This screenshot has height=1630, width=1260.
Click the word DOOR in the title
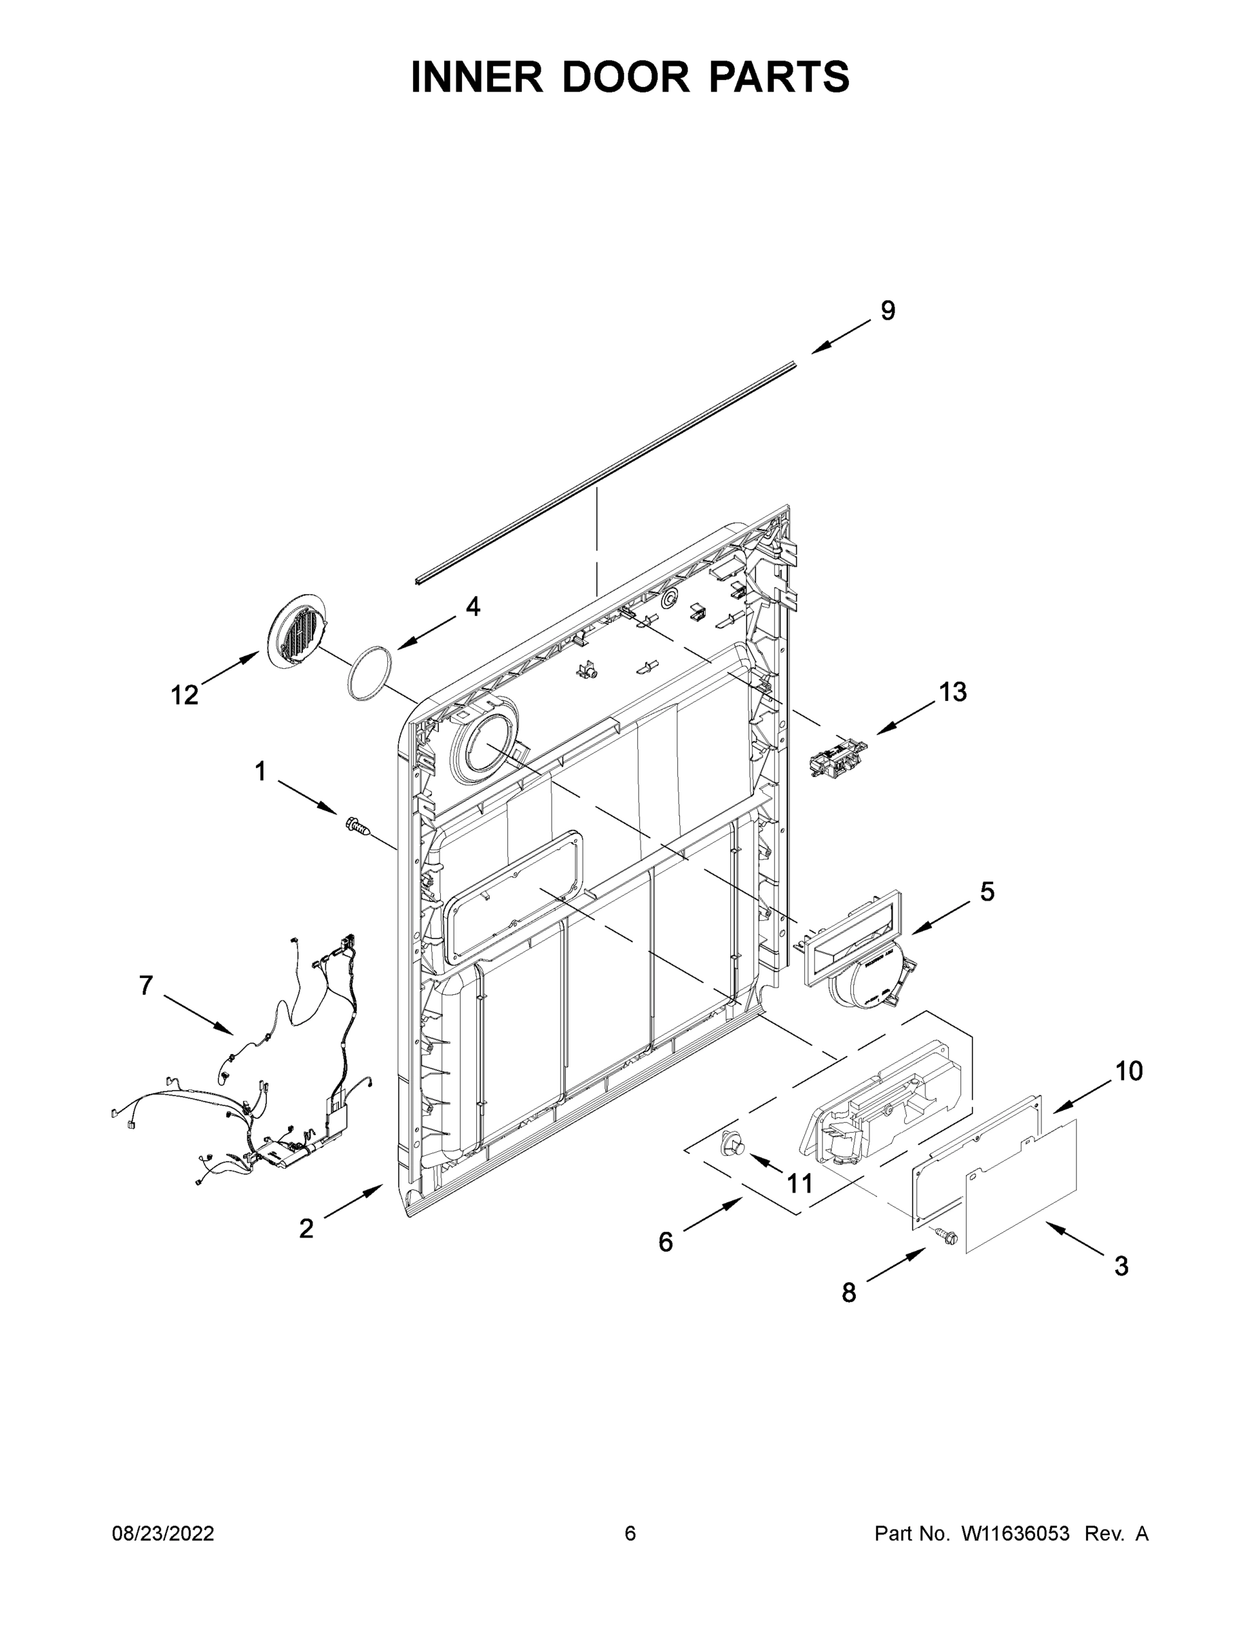(x=626, y=77)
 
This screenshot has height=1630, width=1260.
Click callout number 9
(x=888, y=310)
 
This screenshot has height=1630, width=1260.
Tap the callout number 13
(x=952, y=692)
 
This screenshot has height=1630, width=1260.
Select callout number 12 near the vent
(x=184, y=695)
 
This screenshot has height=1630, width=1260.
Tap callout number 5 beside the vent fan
(x=987, y=891)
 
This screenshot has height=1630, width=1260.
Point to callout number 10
(x=1129, y=1071)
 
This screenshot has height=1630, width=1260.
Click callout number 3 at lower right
(x=1121, y=1266)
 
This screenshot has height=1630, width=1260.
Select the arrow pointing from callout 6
(x=712, y=1214)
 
